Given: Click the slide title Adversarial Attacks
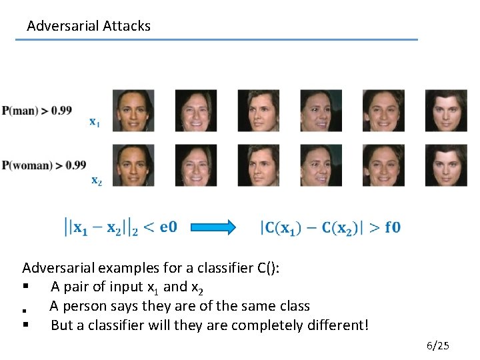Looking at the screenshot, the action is pos(89,26).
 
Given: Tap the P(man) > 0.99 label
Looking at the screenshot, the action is pos(37,110).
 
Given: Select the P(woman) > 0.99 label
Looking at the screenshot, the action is pos(44,165).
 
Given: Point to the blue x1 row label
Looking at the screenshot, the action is pos(95,122).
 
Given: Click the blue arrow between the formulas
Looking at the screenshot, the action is pos(213,228).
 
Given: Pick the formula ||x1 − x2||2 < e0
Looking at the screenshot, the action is pos(120,228).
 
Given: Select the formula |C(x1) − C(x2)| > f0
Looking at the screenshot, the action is pos(330,228).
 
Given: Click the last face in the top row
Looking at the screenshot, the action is pos(446,110).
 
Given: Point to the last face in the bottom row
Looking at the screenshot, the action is pos(446,165).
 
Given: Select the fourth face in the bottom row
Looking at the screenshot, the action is pos(321,165).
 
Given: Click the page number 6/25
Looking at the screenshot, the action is pos(438,345).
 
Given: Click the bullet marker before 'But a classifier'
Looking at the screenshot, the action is pos(25,325).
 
